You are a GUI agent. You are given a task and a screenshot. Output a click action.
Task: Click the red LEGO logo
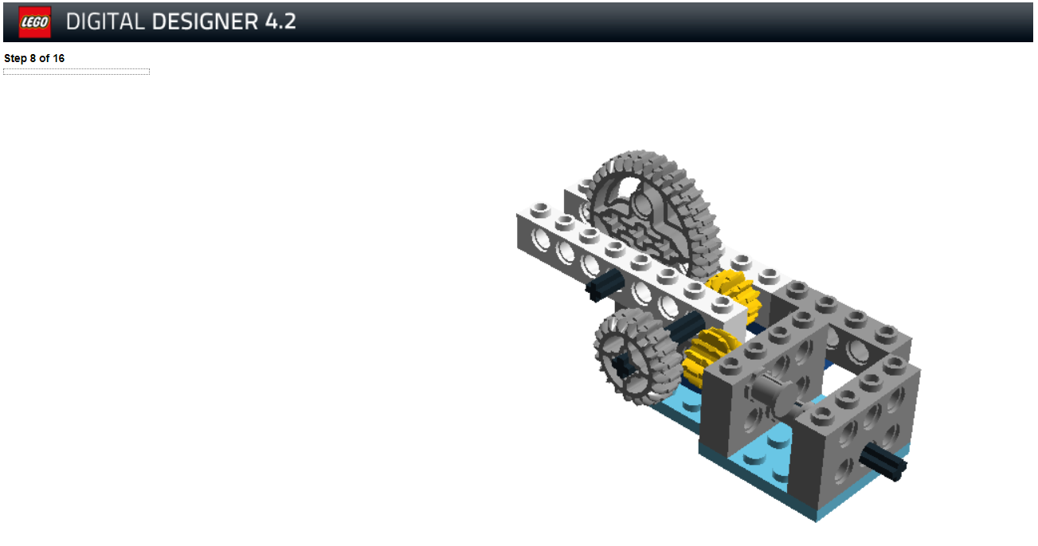(x=35, y=21)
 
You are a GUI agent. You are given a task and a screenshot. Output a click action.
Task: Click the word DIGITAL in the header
(x=105, y=21)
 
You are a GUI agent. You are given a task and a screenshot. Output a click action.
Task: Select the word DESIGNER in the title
(x=205, y=21)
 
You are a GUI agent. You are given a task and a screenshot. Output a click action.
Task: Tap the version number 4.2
(x=280, y=21)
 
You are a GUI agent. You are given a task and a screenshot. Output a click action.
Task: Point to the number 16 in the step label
(x=58, y=58)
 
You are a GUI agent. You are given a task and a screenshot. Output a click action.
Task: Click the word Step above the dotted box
(x=15, y=58)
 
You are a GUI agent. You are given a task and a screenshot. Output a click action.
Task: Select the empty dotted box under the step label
(x=76, y=72)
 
